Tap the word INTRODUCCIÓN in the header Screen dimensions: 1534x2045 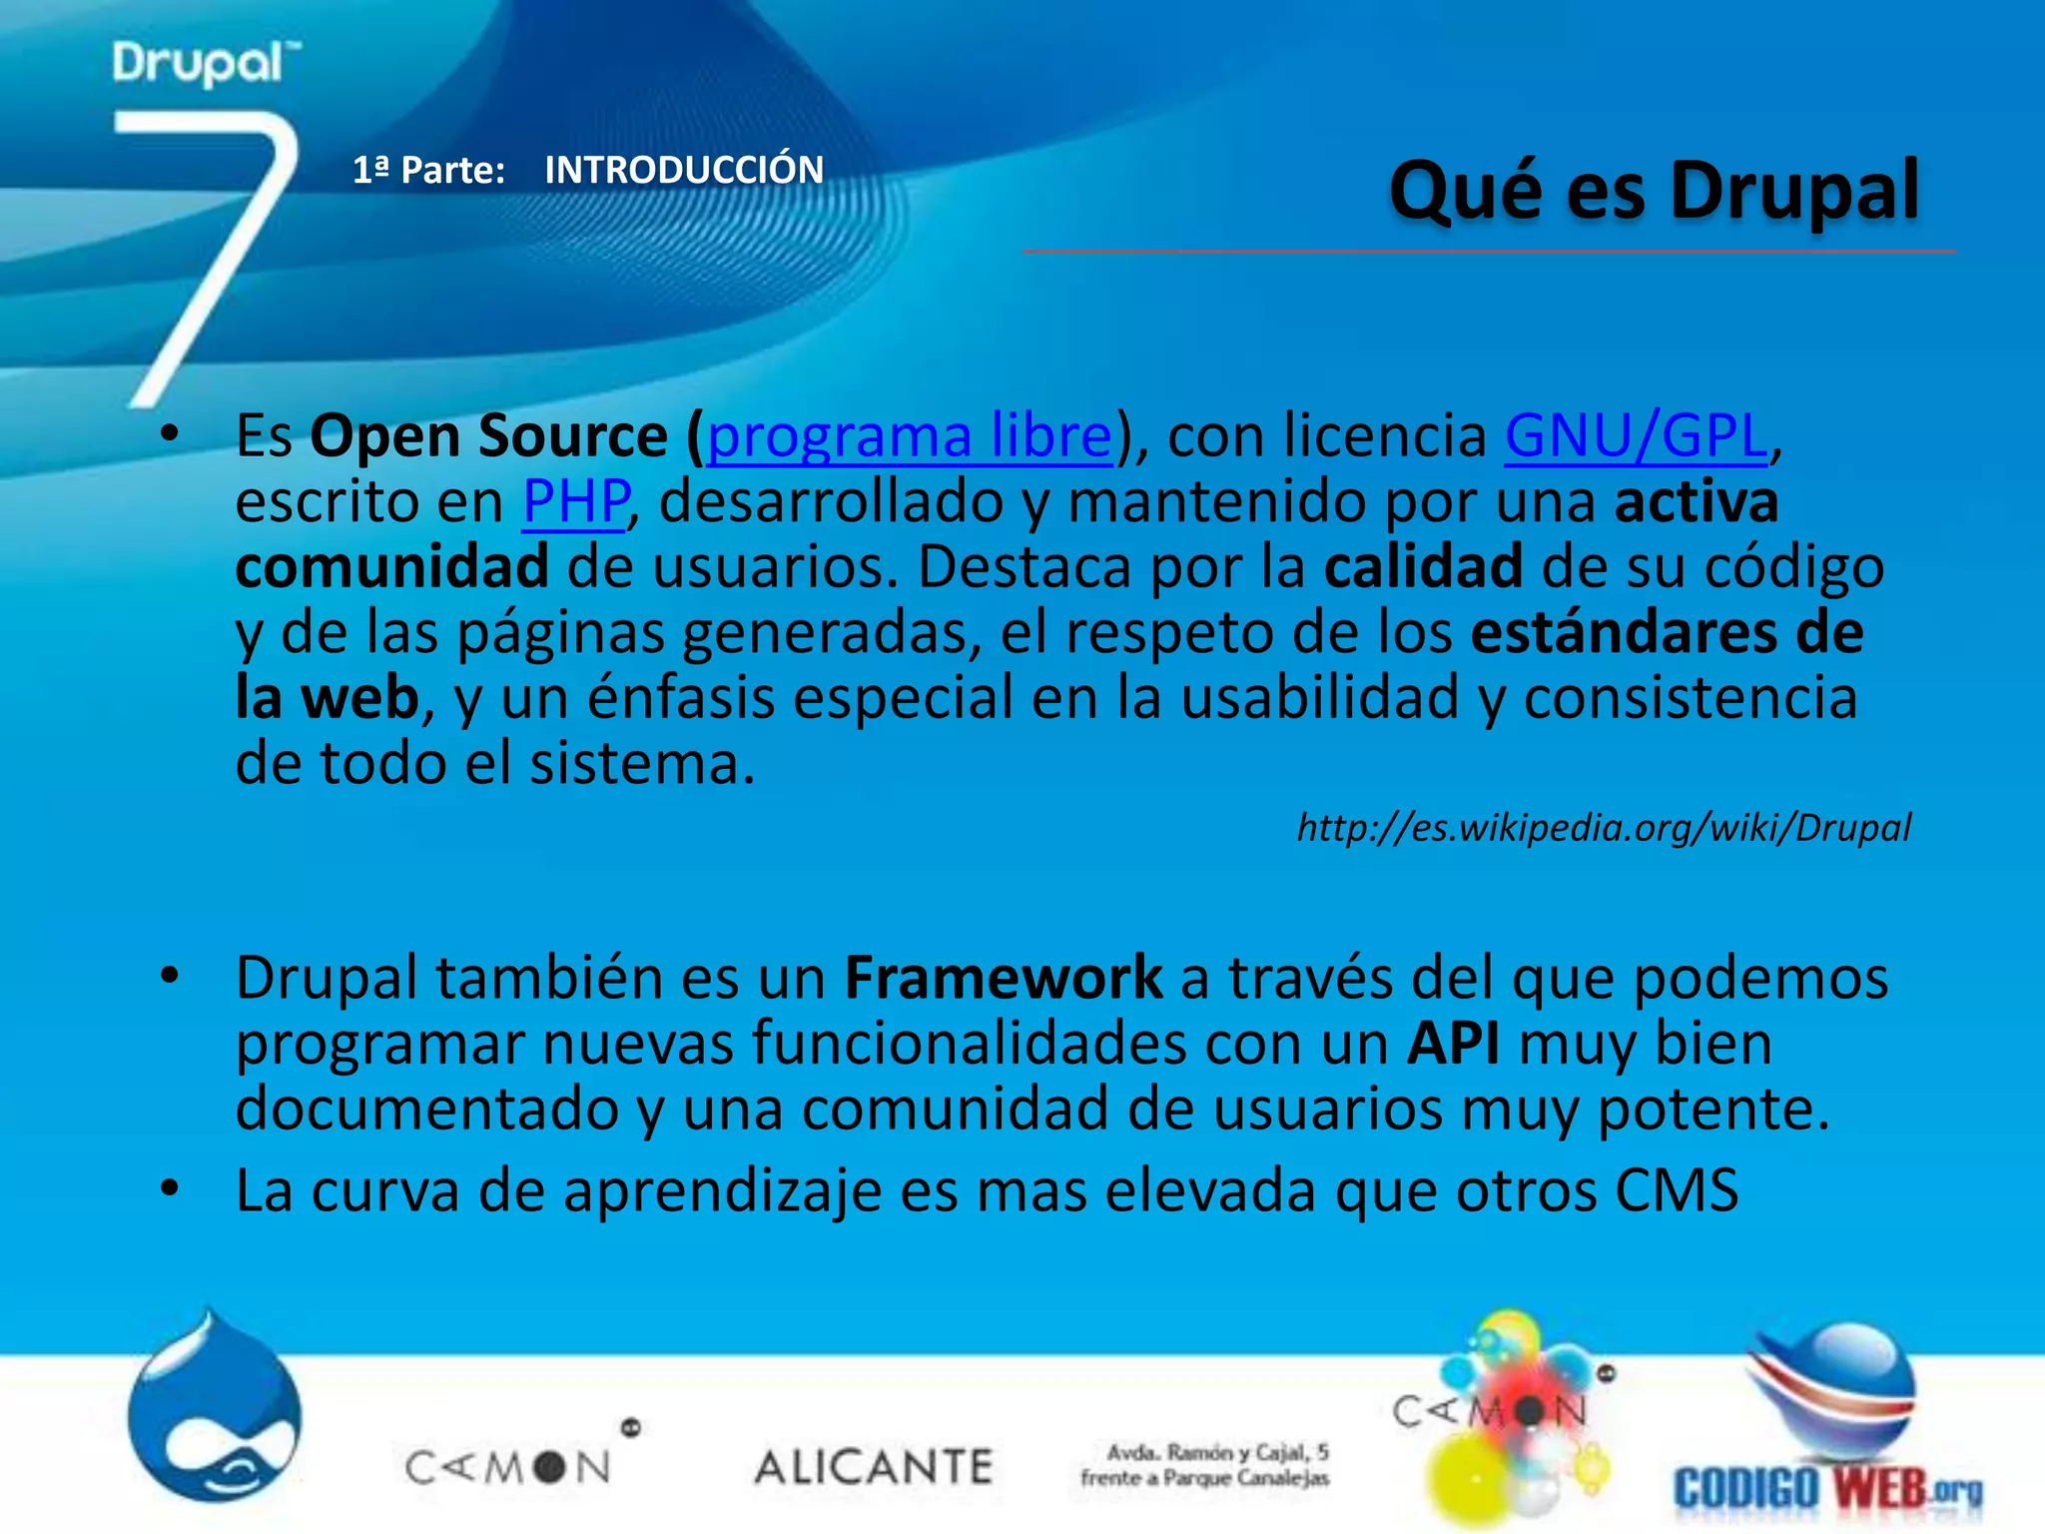pyautogui.click(x=684, y=170)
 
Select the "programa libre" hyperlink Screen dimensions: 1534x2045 pyautogui.click(x=909, y=436)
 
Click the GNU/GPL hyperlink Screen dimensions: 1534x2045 pyautogui.click(x=1636, y=436)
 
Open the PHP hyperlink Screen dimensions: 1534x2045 pyautogui.click(x=576, y=501)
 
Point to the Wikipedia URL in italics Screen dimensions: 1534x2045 pyautogui.click(x=1604, y=828)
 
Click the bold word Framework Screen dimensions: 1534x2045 pyautogui.click(x=1003, y=978)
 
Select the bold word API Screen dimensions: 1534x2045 pyautogui.click(x=1453, y=1044)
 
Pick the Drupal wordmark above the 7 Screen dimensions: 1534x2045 pyautogui.click(x=205, y=63)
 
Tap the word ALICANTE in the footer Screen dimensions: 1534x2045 pyautogui.click(x=874, y=1467)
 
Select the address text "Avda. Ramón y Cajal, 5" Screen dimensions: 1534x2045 pyautogui.click(x=1217, y=1452)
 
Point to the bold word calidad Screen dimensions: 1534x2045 pyautogui.click(x=1423, y=567)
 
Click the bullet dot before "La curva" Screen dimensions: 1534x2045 pyautogui.click(x=170, y=1188)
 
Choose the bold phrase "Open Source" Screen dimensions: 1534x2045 pyautogui.click(x=488, y=436)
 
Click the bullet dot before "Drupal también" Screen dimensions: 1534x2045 pyautogui.click(x=170, y=975)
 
